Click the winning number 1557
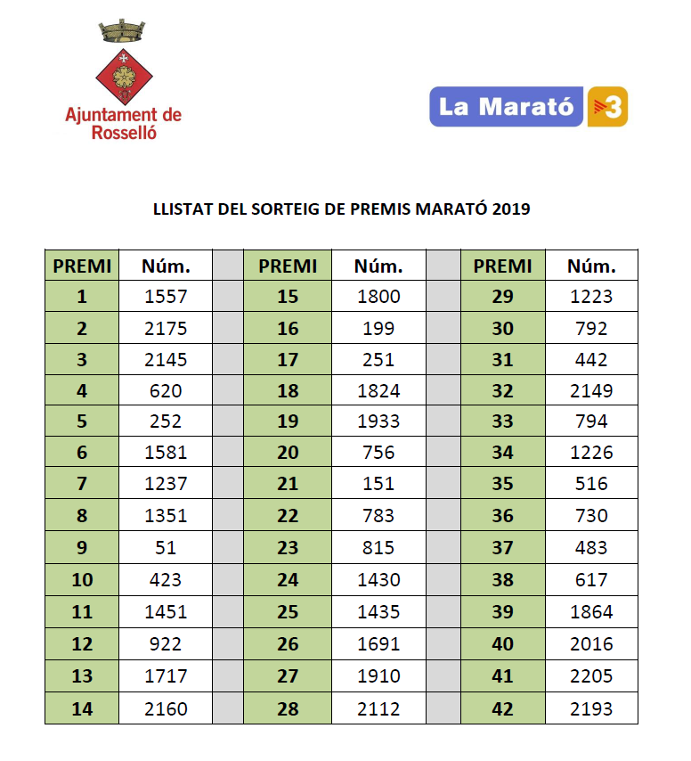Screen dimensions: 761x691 click(166, 297)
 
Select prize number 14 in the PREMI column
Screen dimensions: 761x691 click(82, 708)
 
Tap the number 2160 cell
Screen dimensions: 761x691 click(166, 708)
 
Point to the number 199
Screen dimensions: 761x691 click(378, 328)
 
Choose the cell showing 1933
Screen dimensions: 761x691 click(378, 421)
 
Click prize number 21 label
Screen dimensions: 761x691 click(288, 483)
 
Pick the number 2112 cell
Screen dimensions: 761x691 click(378, 708)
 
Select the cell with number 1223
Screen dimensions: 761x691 click(591, 297)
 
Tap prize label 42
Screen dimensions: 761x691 click(502, 708)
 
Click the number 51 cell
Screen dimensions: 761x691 click(166, 547)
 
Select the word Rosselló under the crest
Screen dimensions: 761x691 click(124, 133)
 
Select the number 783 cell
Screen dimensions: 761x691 click(378, 515)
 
